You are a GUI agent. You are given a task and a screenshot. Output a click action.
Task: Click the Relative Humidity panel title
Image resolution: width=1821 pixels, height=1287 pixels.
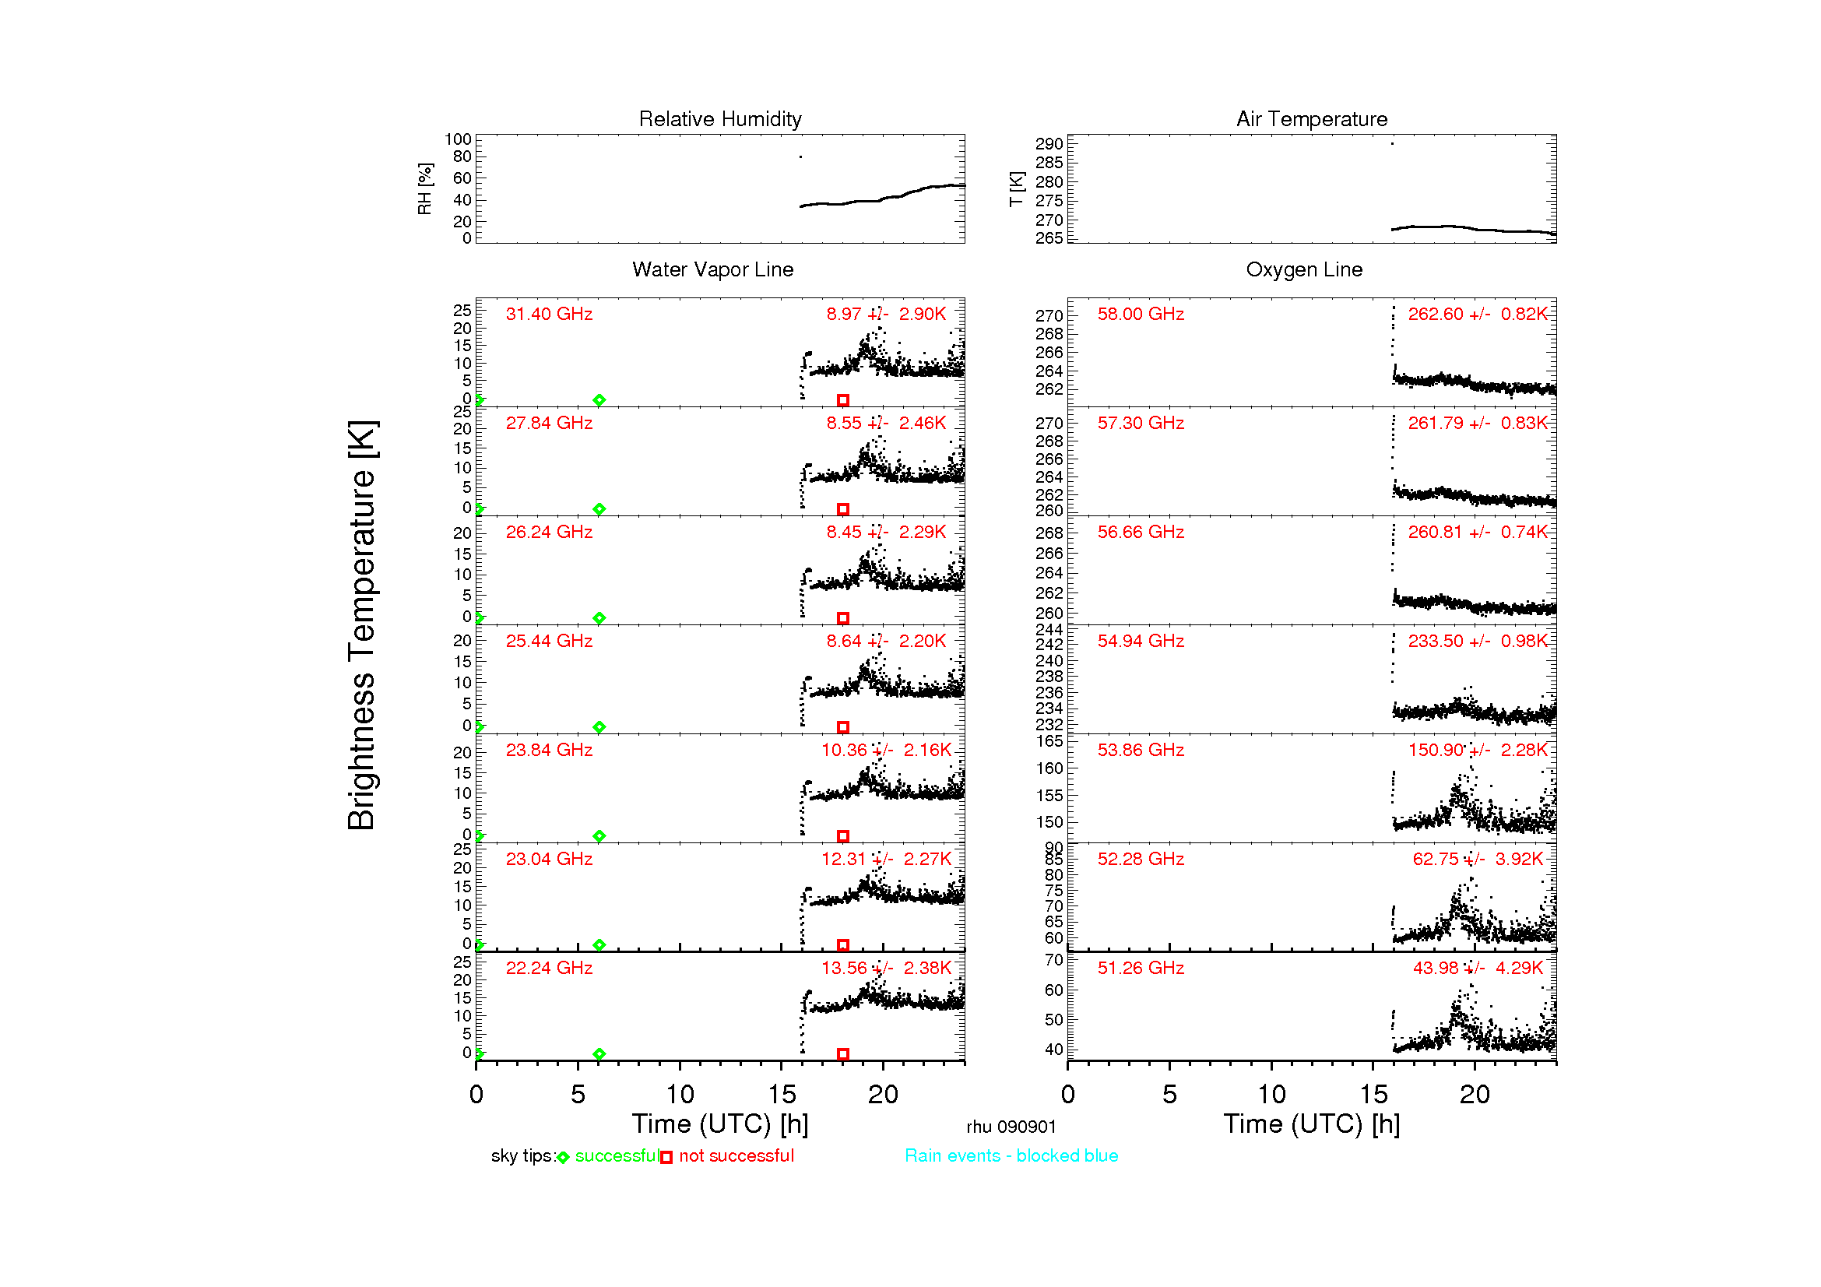point(719,119)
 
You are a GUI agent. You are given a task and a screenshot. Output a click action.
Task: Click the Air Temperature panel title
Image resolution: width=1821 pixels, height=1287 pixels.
point(1311,119)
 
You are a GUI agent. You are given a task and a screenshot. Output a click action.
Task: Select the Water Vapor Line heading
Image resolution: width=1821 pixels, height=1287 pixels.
point(712,269)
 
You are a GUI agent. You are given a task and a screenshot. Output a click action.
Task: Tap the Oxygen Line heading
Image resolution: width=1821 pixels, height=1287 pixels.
point(1304,269)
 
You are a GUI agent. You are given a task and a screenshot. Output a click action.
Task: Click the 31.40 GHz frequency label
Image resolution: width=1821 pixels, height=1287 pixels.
point(549,314)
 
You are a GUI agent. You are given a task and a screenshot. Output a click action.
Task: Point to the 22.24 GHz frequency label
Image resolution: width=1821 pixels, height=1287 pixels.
point(549,968)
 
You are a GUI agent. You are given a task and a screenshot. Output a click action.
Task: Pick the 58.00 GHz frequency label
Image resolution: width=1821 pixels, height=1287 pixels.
point(1141,314)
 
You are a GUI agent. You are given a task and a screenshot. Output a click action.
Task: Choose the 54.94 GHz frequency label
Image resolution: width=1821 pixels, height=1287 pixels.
point(1141,641)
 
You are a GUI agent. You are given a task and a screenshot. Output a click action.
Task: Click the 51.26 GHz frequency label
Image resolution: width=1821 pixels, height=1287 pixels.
point(1141,968)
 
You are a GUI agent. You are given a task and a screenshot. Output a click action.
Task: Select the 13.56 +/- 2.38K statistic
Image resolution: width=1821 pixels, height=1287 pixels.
point(886,968)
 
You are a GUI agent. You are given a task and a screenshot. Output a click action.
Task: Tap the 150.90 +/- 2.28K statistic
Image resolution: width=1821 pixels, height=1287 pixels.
point(1478,750)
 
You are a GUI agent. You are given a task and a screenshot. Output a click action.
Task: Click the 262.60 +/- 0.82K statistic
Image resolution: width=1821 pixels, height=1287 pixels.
point(1478,314)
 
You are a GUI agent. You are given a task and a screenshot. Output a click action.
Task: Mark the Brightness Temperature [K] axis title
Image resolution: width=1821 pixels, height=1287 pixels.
point(362,625)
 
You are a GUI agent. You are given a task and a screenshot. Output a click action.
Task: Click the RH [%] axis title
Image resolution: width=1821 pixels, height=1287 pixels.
point(425,188)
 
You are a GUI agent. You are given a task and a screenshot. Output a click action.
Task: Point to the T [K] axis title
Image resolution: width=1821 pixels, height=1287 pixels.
point(1016,188)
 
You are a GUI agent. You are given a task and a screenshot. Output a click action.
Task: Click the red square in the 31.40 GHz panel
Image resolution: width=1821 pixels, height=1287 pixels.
point(843,400)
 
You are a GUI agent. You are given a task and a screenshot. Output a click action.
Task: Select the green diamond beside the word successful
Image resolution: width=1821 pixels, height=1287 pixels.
point(563,1158)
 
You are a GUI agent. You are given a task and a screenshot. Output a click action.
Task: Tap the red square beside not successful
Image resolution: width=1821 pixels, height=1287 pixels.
point(666,1158)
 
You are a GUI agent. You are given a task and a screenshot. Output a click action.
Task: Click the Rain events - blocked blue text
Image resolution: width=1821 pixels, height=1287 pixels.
point(1011,1155)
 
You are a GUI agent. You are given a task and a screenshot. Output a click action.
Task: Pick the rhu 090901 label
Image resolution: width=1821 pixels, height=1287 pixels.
point(1011,1127)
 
